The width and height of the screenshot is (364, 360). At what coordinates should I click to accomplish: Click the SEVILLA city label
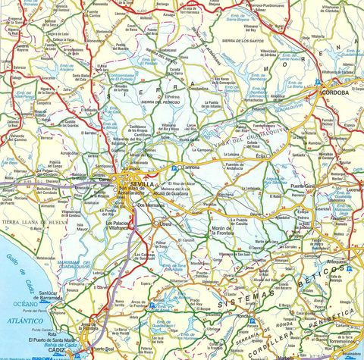pyautogui.click(x=141, y=184)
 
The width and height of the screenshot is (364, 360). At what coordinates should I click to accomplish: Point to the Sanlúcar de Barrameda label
pyautogui.click(x=58, y=296)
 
